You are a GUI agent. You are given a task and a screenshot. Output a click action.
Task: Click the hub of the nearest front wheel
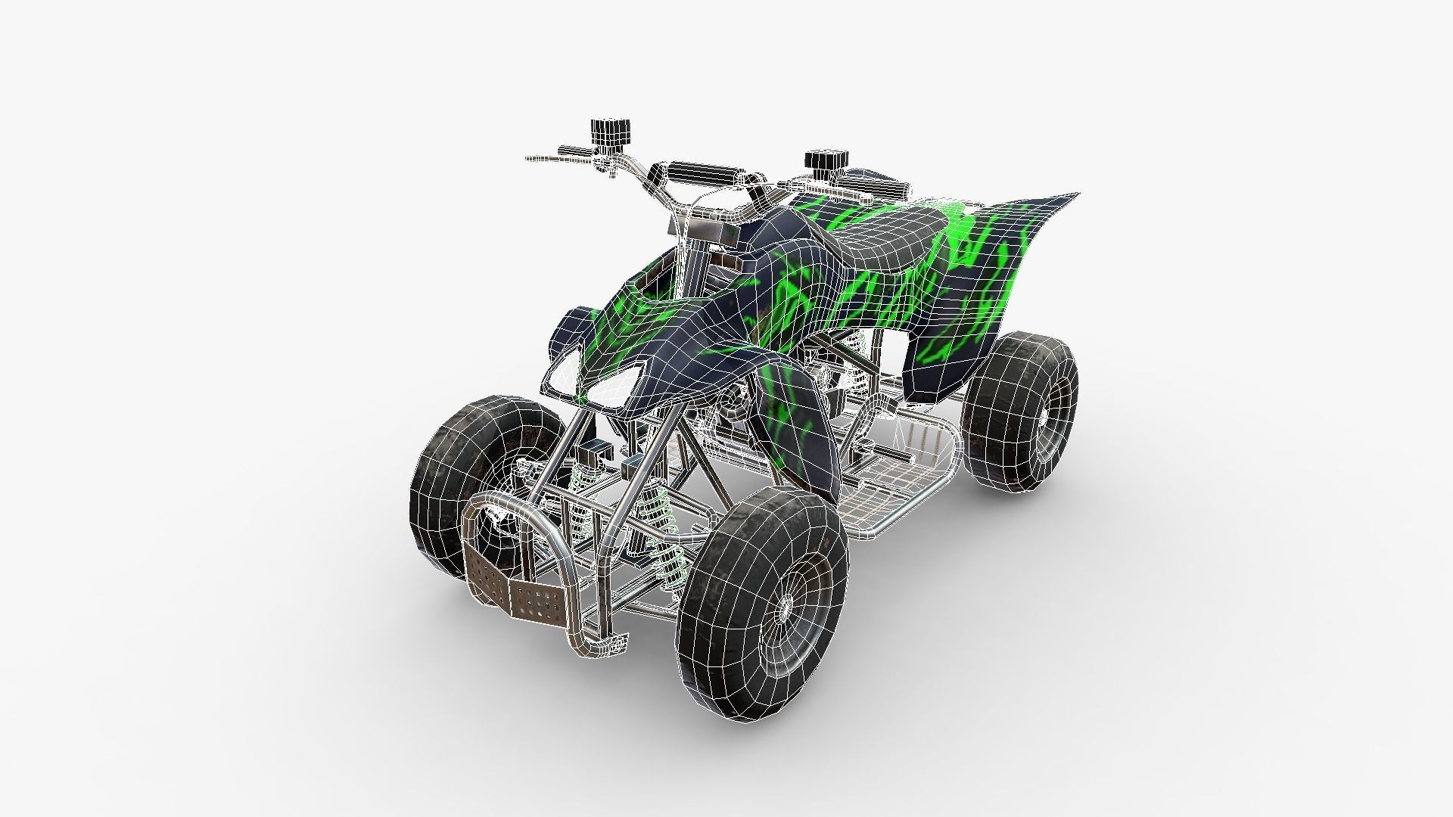[x=787, y=605]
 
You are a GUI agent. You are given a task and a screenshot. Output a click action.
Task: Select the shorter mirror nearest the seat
[x=819, y=160]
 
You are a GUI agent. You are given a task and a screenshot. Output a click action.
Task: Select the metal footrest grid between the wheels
[x=901, y=484]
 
